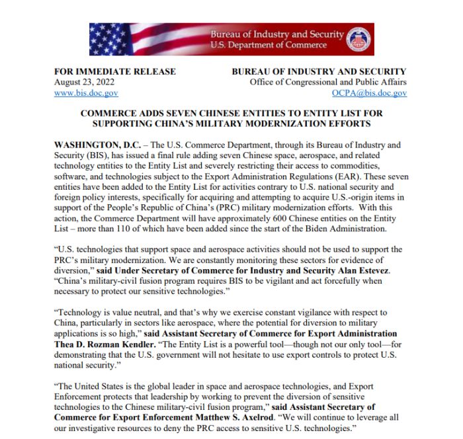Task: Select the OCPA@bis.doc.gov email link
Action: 369,93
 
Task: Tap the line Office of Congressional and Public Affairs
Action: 327,82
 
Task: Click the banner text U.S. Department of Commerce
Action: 269,45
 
